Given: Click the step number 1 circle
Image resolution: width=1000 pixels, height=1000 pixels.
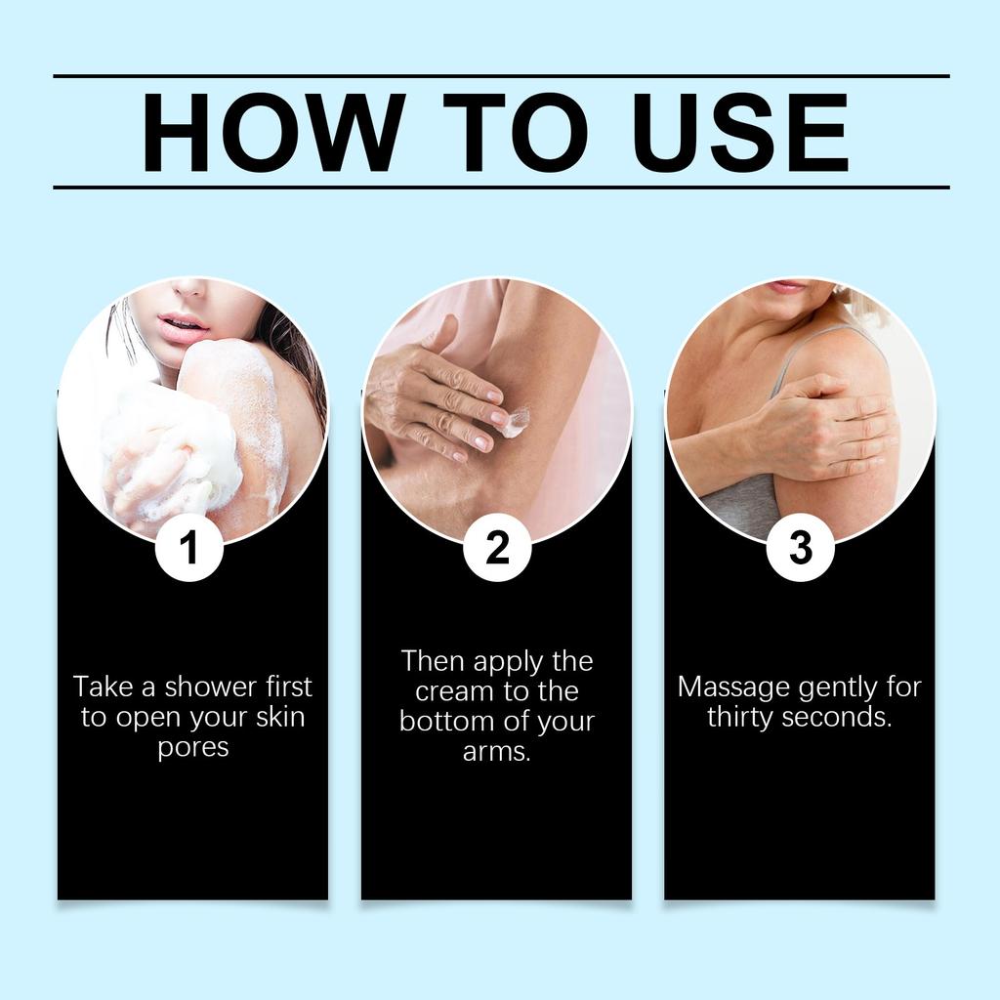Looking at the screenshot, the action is point(189,547).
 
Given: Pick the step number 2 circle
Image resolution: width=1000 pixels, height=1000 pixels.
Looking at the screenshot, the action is point(497,547).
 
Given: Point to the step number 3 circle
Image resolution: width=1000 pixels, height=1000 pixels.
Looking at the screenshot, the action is point(801,547).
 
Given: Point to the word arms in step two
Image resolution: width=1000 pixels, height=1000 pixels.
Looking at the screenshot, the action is point(497,752).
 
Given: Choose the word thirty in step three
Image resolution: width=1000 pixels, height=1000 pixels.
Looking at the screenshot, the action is point(740,717).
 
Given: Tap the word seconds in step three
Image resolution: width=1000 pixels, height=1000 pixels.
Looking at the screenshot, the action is point(836,718).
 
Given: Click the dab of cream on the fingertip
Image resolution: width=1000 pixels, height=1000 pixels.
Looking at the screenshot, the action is point(516,423).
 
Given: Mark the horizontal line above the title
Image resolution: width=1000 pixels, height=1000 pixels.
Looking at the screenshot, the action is point(501,76).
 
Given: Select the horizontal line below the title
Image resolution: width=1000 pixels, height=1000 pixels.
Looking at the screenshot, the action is point(501,187).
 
